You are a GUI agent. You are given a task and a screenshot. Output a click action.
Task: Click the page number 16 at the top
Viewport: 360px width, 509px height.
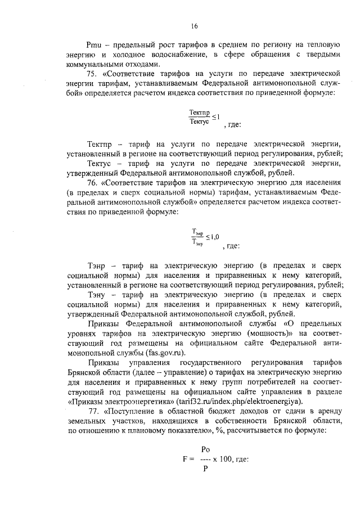(x=195, y=25)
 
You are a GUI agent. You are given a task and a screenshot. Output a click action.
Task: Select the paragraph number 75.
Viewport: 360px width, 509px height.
(x=93, y=74)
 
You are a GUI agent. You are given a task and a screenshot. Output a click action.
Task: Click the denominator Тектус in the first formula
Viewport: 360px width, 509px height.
(x=199, y=121)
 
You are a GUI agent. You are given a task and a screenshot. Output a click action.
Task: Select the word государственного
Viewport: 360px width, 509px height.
(x=210, y=363)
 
